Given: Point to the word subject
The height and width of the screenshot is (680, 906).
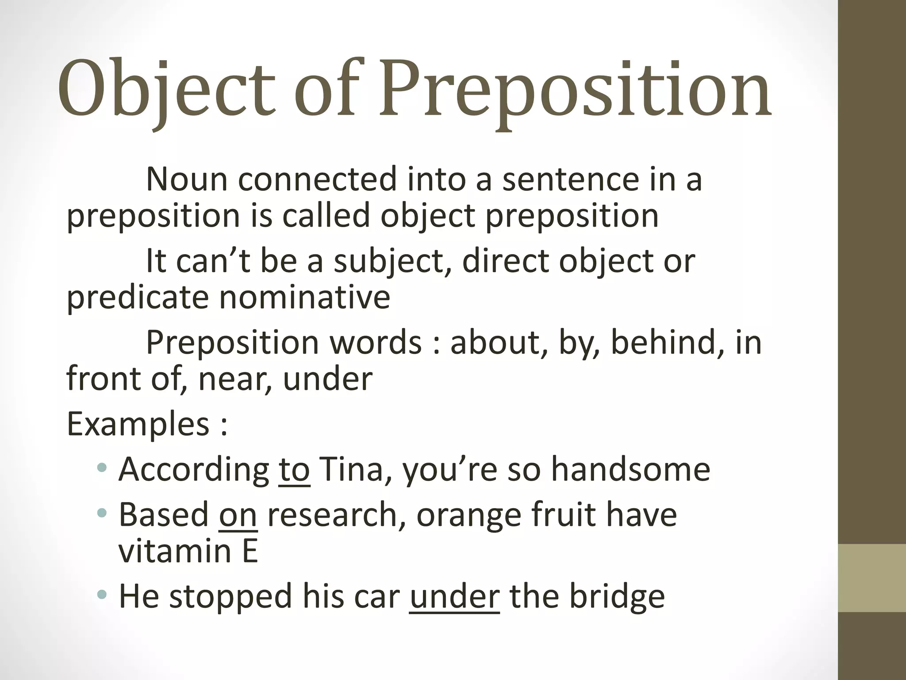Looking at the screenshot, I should click(393, 261).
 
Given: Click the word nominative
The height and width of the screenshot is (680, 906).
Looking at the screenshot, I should click(305, 297).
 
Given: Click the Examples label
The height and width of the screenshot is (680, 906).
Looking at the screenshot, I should click(138, 424).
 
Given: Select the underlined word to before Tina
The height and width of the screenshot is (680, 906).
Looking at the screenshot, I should click(294, 469).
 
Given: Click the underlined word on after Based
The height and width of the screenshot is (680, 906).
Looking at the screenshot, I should click(238, 514).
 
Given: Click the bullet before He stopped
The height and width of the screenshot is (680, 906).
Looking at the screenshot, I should click(102, 594).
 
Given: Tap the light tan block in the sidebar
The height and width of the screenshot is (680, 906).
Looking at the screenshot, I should click(872, 578).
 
